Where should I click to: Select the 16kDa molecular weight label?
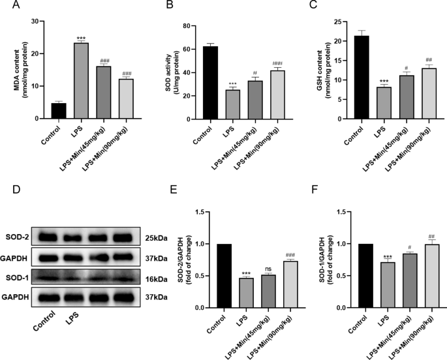(155, 279)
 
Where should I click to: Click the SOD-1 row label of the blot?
(18, 279)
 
